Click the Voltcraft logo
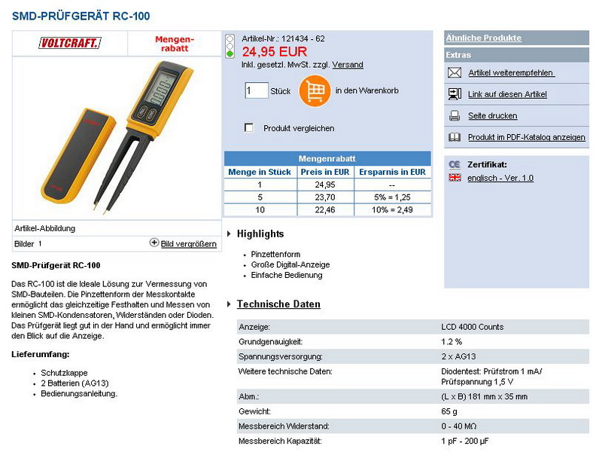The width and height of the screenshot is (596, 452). point(69,44)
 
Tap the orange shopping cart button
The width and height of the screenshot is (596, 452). point(315,91)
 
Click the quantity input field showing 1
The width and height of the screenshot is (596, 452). point(256,91)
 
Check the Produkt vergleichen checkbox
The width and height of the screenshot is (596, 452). point(249,128)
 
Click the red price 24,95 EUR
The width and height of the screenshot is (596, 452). point(274,52)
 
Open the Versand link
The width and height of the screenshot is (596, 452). point(348,65)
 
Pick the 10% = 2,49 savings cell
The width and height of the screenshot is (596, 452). point(392,209)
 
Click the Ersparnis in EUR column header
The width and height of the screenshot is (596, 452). point(392,172)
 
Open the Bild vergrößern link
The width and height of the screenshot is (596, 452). point(188,244)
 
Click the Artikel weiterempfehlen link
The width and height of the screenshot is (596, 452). point(511,73)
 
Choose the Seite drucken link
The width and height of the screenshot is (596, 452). point(492,116)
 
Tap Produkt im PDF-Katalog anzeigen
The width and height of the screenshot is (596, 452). point(526,138)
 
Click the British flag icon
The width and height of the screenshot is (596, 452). point(455,178)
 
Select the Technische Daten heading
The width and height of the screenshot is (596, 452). point(278,304)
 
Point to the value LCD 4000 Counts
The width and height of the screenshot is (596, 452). point(472,327)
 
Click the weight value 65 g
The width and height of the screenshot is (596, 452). point(449,411)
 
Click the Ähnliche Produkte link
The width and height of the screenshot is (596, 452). point(483,38)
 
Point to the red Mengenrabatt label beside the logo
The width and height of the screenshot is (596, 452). point(175,43)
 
